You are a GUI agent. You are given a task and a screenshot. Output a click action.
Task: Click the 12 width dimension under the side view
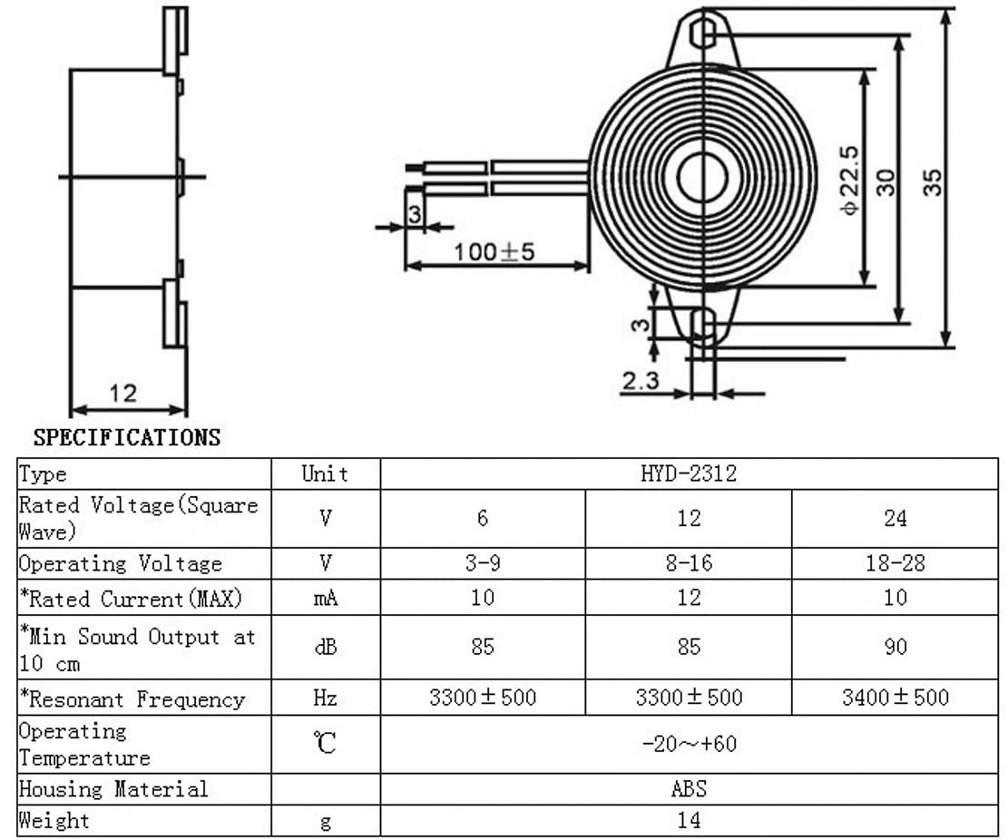122,393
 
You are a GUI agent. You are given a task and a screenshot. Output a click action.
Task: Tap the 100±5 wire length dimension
494,251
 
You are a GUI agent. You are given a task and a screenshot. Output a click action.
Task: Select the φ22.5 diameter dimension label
849,180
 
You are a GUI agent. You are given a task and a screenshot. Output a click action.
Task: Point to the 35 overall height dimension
932,181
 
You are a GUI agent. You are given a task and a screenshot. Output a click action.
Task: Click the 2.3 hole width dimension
641,380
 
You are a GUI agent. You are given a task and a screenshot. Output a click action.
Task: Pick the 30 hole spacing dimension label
886,182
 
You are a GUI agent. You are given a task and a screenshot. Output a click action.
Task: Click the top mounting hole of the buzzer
705,34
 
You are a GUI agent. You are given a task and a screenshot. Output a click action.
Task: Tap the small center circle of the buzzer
702,176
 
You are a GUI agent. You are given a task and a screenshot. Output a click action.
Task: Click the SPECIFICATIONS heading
127,437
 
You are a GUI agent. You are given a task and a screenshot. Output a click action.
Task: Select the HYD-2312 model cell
689,474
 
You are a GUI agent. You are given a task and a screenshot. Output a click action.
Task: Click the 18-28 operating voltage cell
895,563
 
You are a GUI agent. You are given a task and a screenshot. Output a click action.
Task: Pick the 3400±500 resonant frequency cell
895,697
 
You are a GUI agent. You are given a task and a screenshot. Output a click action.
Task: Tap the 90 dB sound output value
895,646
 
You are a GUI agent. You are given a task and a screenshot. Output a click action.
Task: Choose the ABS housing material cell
689,788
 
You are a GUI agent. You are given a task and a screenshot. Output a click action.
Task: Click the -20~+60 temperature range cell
689,744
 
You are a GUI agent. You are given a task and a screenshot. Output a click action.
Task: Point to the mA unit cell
326,598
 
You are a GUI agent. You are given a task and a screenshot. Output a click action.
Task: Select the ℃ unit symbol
326,743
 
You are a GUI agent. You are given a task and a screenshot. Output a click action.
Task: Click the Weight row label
54,820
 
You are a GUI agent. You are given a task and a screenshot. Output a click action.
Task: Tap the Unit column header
326,474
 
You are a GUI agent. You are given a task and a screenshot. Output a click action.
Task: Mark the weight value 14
689,820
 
